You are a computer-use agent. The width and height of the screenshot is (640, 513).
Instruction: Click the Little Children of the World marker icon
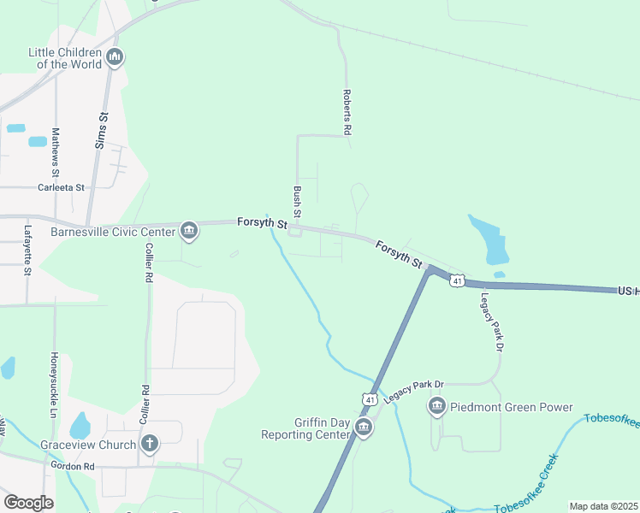pyautogui.click(x=115, y=58)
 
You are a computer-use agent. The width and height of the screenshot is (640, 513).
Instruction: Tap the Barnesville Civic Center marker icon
pyautogui.click(x=189, y=231)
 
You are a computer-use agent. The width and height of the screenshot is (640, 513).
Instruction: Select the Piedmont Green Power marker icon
pyautogui.click(x=437, y=407)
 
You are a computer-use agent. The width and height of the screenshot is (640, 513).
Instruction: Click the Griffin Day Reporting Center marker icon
pyautogui.click(x=364, y=427)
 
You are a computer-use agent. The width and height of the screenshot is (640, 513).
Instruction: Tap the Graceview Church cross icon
pyautogui.click(x=150, y=444)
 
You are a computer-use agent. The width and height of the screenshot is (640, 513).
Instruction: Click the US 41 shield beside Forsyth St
pyautogui.click(x=459, y=281)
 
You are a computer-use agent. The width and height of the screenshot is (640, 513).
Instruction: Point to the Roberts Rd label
pyautogui.click(x=347, y=113)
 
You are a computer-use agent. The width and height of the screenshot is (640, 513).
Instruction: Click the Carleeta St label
pyautogui.click(x=62, y=187)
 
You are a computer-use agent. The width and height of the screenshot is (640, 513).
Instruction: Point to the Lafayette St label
pyautogui.click(x=27, y=249)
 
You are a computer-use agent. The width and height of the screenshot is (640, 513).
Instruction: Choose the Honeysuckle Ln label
pyautogui.click(x=54, y=380)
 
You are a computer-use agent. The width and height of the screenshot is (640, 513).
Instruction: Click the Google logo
pyautogui.click(x=28, y=503)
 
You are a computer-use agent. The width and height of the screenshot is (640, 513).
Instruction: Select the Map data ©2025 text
pyautogui.click(x=603, y=506)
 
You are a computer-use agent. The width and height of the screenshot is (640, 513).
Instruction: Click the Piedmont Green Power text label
pyautogui.click(x=512, y=407)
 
